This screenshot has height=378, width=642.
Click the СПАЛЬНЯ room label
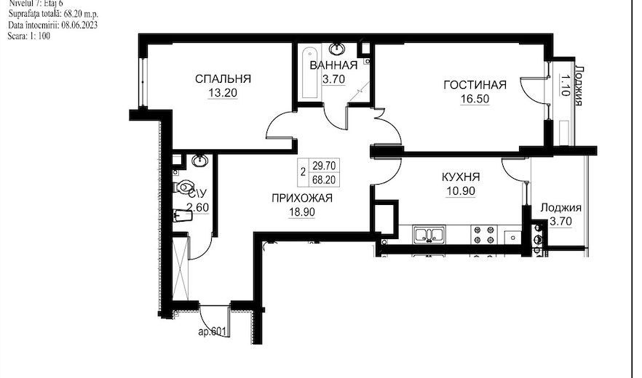click(x=223, y=79)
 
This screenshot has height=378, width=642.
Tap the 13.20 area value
click(x=223, y=93)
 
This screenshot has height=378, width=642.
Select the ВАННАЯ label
click(x=333, y=65)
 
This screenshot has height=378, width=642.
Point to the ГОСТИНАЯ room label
click(x=475, y=84)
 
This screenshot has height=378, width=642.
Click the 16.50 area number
click(x=475, y=99)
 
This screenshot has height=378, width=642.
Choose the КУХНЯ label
click(x=461, y=177)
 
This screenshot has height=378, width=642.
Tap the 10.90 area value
click(x=461, y=191)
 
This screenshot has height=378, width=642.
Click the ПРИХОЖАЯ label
click(x=302, y=198)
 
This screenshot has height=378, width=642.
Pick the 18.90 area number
click(x=302, y=212)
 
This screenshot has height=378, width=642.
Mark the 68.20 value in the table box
click(x=325, y=180)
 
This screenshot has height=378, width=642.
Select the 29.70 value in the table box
click(x=325, y=166)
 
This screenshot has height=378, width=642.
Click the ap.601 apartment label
click(x=212, y=331)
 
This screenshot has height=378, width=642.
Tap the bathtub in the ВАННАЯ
click(x=309, y=73)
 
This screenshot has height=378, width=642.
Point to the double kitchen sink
click(x=428, y=235)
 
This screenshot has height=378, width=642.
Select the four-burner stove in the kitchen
click(x=483, y=235)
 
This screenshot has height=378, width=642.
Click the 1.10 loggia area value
click(x=565, y=85)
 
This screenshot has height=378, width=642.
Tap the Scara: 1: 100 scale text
click(x=28, y=36)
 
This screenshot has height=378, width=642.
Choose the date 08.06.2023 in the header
click(x=79, y=25)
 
